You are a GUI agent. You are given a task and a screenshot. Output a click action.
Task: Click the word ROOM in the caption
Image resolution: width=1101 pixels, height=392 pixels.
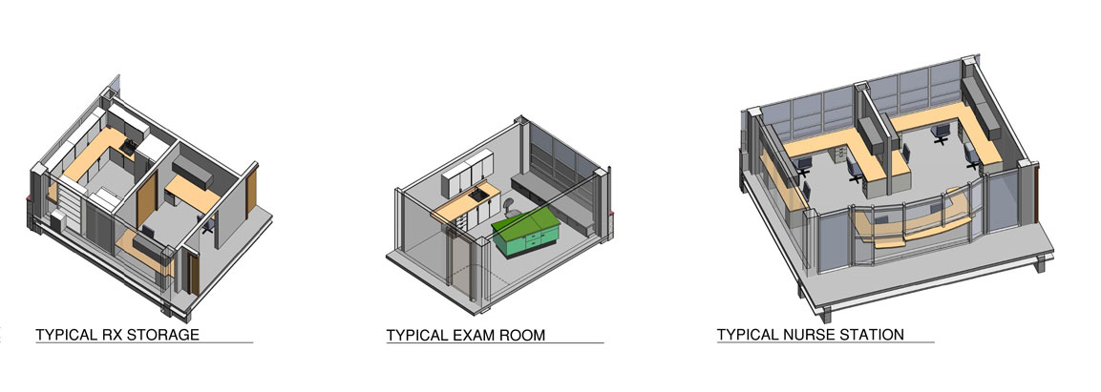coord(521,335)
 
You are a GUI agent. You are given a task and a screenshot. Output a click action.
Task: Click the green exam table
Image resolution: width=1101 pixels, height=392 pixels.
coord(526,233)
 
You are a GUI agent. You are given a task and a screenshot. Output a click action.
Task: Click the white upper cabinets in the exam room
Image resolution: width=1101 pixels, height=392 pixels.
coord(468,174)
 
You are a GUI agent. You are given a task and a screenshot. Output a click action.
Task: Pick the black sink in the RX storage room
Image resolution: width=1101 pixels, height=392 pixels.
coord(129,146)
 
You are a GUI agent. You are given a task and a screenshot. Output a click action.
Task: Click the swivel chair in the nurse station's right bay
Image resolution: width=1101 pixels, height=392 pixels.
coord(941,133)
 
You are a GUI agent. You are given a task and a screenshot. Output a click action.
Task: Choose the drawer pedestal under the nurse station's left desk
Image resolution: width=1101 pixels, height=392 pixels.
coord(839,155)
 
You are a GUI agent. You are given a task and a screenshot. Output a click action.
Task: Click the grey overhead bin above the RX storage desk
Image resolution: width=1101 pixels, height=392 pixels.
coord(192,171)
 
